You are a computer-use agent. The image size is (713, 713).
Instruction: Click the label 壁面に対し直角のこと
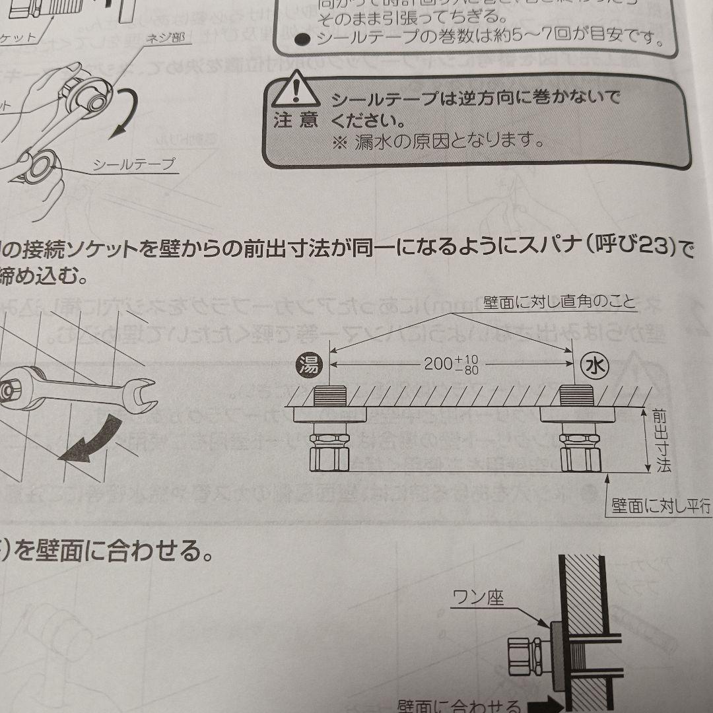pyautogui.click(x=559, y=304)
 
